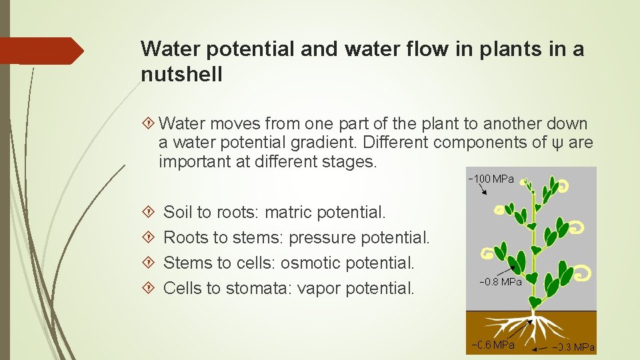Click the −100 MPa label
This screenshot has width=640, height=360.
tap(491, 179)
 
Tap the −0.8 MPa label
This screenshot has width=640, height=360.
tap(500, 282)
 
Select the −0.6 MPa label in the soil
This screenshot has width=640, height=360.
tap(493, 345)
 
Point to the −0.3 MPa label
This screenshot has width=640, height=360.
tap(573, 347)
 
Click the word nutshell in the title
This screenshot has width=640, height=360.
tap(181, 75)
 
